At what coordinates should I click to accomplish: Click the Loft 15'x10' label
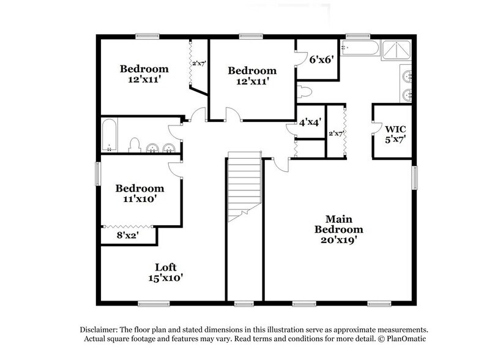[165, 272]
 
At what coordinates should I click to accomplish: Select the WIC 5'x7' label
[395, 133]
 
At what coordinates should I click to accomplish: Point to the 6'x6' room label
[321, 60]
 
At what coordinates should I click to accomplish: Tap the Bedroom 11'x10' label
[140, 193]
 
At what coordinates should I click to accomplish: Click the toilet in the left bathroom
[135, 145]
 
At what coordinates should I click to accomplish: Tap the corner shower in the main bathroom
[396, 49]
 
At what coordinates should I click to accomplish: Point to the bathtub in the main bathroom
[359, 48]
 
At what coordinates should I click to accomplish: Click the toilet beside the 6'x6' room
[305, 92]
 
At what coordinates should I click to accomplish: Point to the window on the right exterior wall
[414, 178]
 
